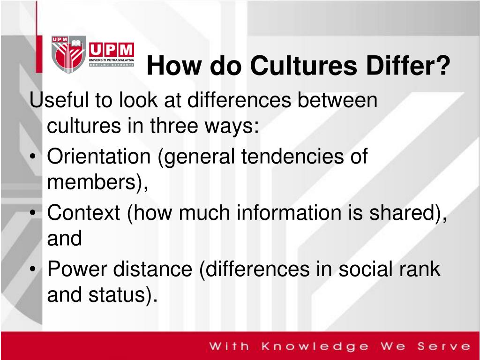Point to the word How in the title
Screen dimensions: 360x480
172,66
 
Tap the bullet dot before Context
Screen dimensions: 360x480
37,214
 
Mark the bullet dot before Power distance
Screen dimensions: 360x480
37,270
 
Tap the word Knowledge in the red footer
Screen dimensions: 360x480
315,347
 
